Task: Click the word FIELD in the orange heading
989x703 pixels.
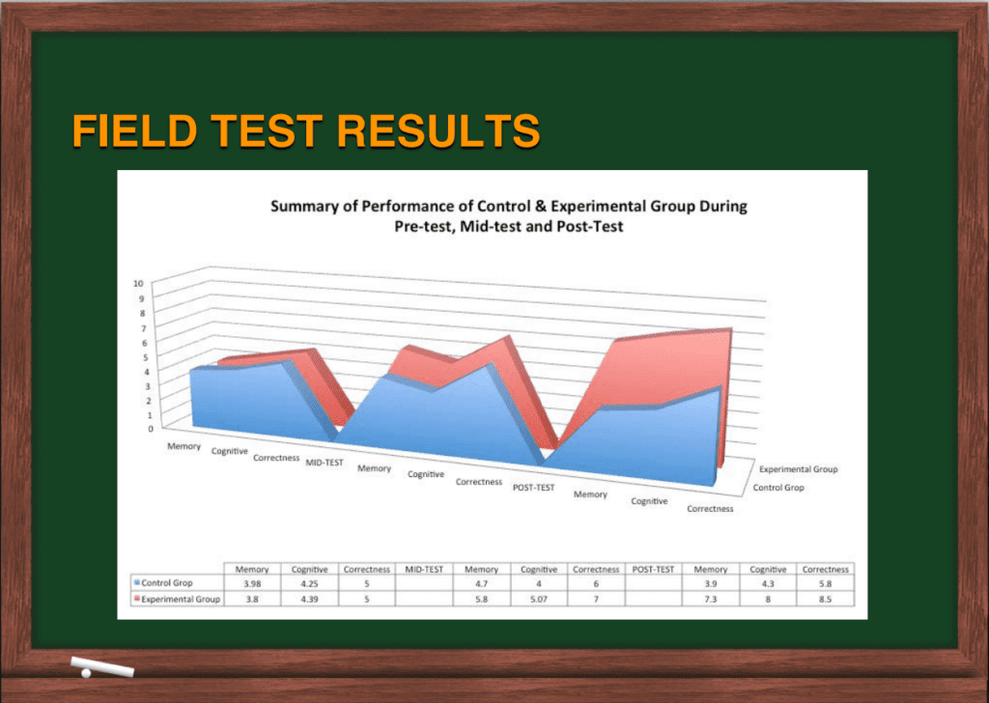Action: [x=135, y=130]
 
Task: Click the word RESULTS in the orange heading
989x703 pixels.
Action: [x=438, y=130]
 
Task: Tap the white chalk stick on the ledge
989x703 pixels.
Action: [x=102, y=666]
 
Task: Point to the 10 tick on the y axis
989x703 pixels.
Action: [x=138, y=284]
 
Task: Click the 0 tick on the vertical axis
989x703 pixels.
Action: [x=151, y=429]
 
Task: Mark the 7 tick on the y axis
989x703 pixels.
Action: [x=143, y=328]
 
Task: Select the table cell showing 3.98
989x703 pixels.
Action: [x=252, y=584]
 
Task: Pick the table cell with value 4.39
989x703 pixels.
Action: [x=309, y=599]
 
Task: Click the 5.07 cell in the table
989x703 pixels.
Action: [x=538, y=599]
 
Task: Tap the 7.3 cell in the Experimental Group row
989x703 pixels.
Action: [x=710, y=599]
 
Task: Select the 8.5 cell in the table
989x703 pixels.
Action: [x=825, y=599]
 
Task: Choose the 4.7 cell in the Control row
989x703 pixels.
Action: [x=481, y=584]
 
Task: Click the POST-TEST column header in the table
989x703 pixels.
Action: [x=653, y=570]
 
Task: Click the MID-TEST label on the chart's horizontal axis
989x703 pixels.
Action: [x=325, y=463]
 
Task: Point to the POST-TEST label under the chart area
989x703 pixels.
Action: [x=533, y=488]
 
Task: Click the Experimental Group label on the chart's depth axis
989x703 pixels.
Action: [x=798, y=469]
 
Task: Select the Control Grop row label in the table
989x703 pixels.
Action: [x=166, y=583]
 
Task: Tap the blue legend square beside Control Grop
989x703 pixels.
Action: [x=136, y=582]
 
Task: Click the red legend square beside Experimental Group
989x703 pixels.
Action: [x=136, y=598]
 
